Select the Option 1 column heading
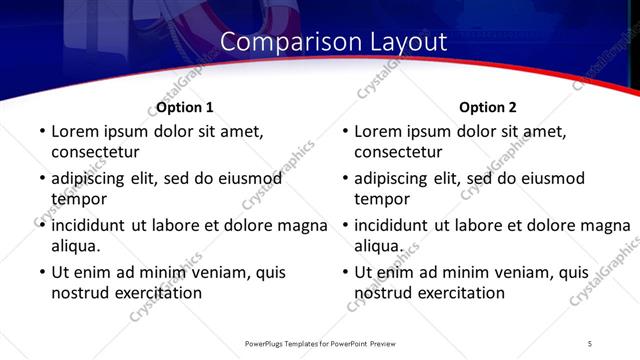(185, 107)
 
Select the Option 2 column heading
(488, 107)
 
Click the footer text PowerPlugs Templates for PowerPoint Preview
(320, 343)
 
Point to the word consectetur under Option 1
(95, 152)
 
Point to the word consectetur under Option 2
(398, 152)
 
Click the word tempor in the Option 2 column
(379, 199)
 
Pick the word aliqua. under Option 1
(76, 246)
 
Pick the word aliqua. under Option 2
(379, 246)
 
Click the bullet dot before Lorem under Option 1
(41, 131)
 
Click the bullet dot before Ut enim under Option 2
(344, 272)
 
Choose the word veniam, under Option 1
(223, 272)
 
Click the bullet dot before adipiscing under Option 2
(344, 179)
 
